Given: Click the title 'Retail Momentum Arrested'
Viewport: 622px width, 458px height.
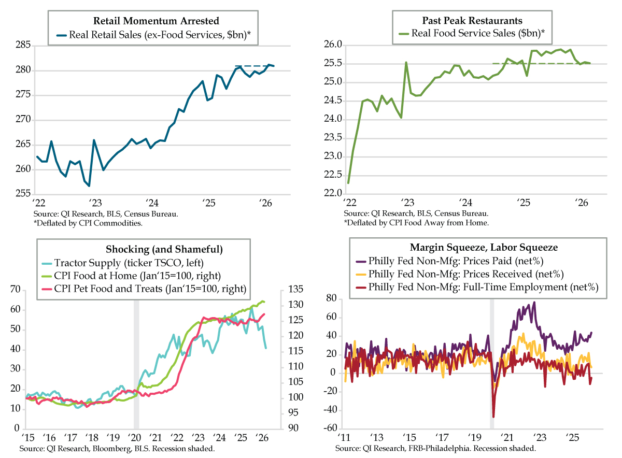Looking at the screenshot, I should click(x=156, y=21).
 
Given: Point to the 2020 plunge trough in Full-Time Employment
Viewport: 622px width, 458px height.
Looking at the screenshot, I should click(x=493, y=417).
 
